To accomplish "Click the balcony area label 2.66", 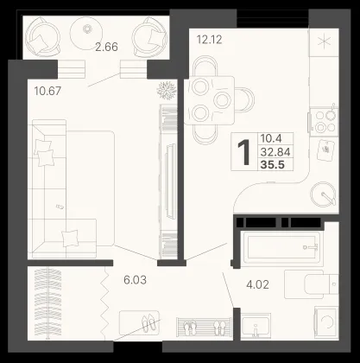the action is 106,47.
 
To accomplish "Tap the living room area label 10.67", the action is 47,91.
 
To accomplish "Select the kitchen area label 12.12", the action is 209,39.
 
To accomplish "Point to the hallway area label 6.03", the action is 135,280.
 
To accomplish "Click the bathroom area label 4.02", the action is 257,284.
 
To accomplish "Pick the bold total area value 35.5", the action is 272,165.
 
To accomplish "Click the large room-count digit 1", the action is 244,152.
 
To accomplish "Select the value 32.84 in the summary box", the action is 275,151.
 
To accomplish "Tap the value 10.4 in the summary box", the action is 271,138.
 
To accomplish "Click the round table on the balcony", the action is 86,34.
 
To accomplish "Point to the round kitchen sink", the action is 323,194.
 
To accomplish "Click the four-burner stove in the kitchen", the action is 324,121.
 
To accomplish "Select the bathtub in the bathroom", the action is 281,248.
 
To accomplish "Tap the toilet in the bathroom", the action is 312,284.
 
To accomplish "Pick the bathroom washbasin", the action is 256,326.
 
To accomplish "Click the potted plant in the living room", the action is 167,90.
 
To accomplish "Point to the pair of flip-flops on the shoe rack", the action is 188,328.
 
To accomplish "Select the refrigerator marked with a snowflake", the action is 324,42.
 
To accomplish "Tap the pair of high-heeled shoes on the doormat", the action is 149,323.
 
